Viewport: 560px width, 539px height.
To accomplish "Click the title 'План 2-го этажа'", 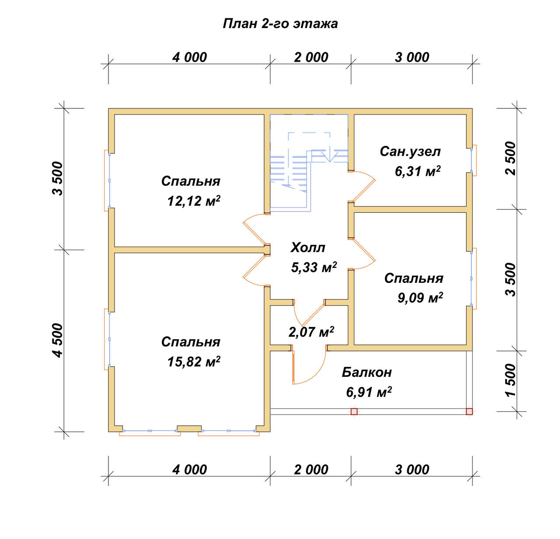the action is (x=280, y=24).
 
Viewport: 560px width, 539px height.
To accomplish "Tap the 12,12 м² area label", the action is (x=194, y=201).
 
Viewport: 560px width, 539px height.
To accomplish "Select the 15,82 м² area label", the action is (x=194, y=362).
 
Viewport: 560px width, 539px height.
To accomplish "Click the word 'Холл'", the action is (x=308, y=247).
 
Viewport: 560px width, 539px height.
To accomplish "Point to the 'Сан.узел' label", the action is (x=410, y=152).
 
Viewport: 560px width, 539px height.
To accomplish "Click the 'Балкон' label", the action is (x=367, y=372).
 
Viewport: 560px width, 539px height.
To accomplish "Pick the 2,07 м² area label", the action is (x=311, y=332).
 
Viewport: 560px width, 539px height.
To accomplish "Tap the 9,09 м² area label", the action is (x=420, y=298).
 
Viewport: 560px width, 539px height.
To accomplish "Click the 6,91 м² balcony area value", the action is (x=369, y=392).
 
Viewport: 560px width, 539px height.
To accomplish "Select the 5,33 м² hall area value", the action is (x=314, y=267).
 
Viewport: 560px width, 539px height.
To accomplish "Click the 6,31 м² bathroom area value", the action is (x=417, y=171).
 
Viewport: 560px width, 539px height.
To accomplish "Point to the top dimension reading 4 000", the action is (x=189, y=57).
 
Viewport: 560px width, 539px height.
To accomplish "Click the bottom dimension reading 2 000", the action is (x=311, y=469).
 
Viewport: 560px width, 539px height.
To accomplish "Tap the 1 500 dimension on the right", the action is (x=511, y=380).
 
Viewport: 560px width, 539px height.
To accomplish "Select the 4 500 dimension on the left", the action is (x=58, y=341).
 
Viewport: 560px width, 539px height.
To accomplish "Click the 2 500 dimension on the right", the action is (x=511, y=158).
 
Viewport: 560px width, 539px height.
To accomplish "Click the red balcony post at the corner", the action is (x=469, y=411).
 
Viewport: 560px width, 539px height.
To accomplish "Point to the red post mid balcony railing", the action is (x=354, y=411).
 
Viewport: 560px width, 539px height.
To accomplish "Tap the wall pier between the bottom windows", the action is (x=189, y=428).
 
